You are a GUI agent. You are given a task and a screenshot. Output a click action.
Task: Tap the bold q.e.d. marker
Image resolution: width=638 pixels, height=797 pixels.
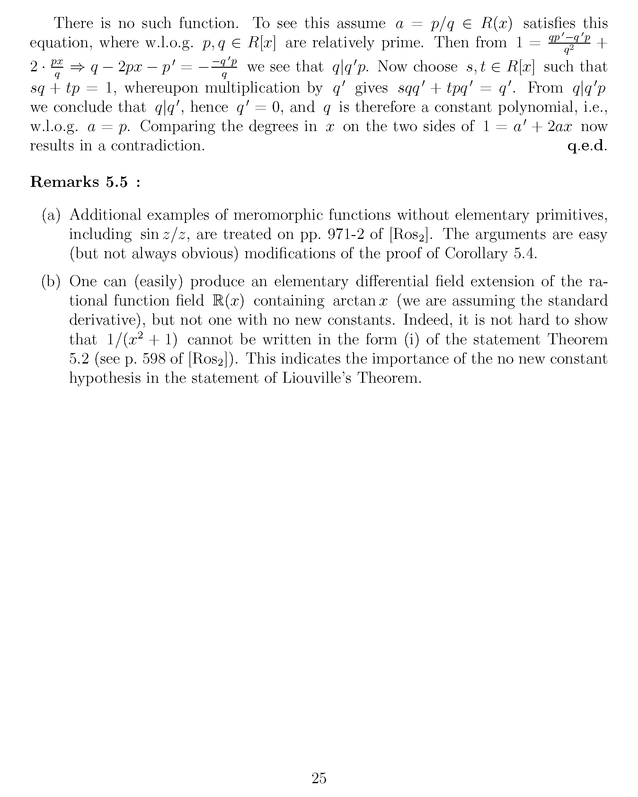point(587,146)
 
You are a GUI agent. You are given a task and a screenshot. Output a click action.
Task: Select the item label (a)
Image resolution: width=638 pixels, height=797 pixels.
point(51,215)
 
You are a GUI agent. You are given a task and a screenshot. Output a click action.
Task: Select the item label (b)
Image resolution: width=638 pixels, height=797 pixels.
point(51,282)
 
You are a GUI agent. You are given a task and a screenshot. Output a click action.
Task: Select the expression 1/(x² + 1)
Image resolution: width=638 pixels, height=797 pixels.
point(142,339)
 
